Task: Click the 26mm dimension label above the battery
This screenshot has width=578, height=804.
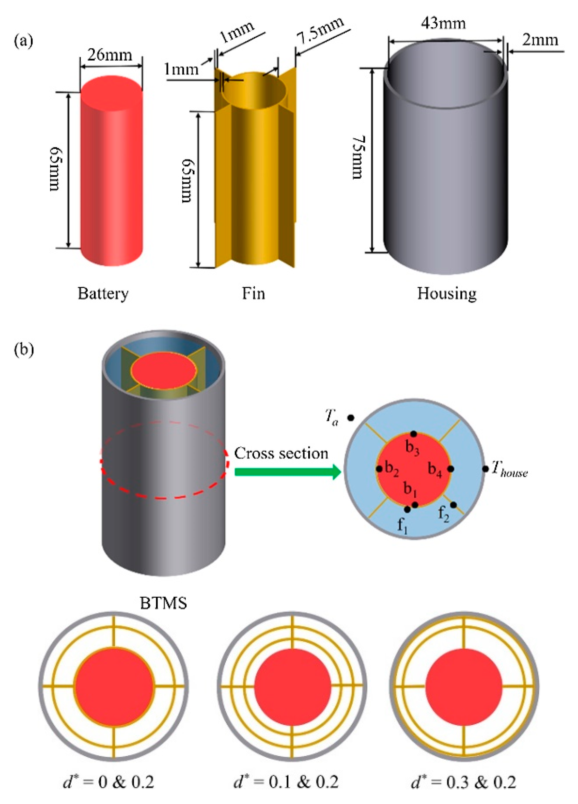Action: click(x=110, y=55)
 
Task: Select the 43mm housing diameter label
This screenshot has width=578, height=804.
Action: click(x=443, y=23)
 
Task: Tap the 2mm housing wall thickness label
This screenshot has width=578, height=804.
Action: click(x=540, y=40)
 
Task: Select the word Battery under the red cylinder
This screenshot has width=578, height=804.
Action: click(x=103, y=294)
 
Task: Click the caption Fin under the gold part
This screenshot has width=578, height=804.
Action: click(x=253, y=294)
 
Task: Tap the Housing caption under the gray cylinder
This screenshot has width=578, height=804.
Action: click(x=447, y=294)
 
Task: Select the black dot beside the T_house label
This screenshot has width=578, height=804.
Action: click(x=485, y=469)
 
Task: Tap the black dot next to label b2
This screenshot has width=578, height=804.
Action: click(x=379, y=469)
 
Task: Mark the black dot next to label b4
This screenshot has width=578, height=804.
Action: click(x=450, y=469)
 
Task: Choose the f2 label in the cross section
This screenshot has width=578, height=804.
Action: click(x=443, y=514)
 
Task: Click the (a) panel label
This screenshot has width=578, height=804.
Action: click(x=23, y=41)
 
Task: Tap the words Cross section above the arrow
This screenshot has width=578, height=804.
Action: click(x=281, y=453)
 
